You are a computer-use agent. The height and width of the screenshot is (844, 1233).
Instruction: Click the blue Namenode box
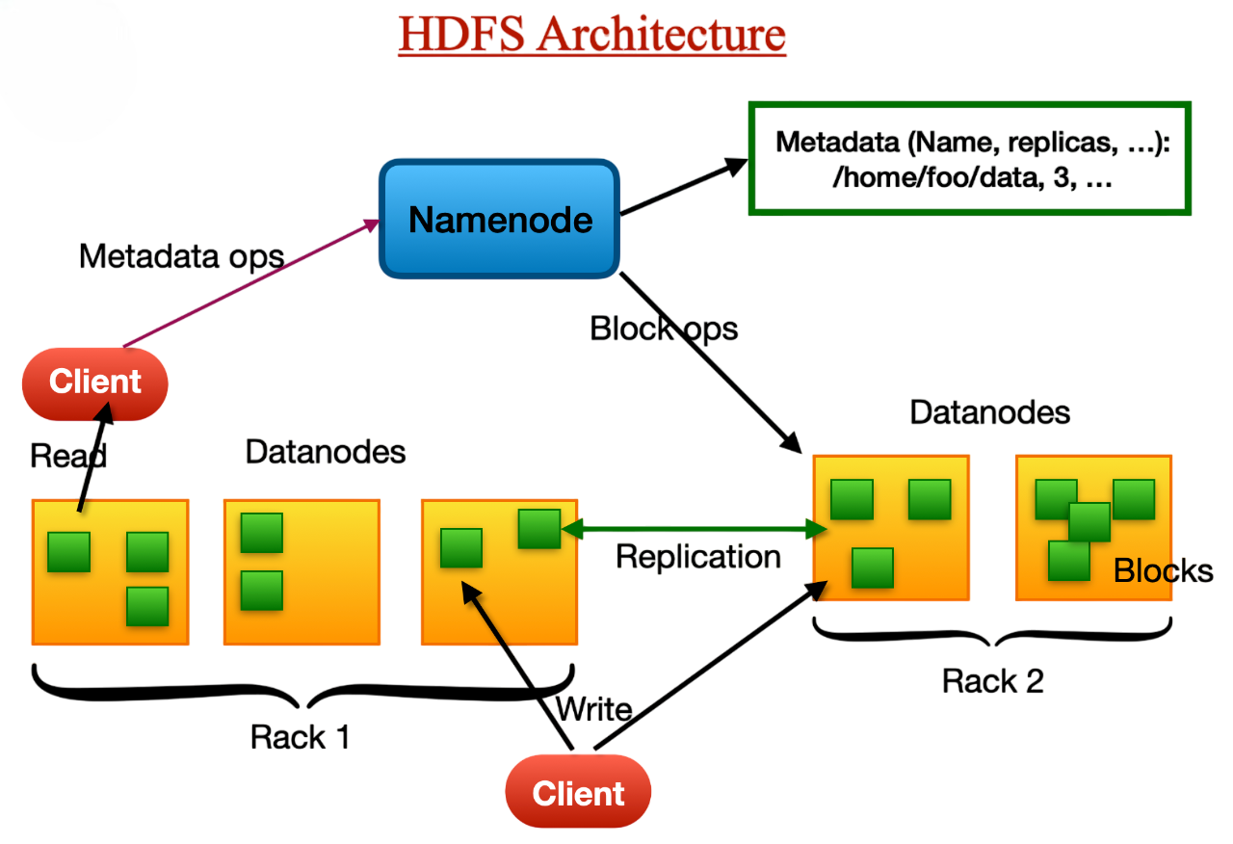[x=499, y=220]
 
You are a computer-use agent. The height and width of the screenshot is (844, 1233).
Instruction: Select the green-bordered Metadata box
[x=970, y=158]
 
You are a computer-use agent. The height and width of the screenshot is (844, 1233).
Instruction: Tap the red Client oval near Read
[x=94, y=382]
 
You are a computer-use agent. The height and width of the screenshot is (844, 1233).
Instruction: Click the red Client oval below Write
[x=578, y=794]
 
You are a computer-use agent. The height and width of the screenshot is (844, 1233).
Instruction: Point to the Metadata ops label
[x=181, y=256]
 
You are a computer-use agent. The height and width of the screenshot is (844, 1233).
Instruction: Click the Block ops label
[x=664, y=329]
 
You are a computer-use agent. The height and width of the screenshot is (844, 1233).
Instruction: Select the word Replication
[x=697, y=557]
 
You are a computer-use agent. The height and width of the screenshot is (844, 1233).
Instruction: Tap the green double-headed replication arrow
[x=694, y=528]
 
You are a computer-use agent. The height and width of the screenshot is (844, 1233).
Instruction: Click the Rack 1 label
[x=300, y=737]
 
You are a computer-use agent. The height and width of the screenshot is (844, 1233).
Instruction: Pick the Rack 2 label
[x=992, y=681]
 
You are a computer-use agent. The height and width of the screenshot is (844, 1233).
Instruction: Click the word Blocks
[x=1163, y=570]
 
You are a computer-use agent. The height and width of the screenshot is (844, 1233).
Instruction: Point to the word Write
[x=593, y=711]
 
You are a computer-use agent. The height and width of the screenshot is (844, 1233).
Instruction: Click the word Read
[x=67, y=455]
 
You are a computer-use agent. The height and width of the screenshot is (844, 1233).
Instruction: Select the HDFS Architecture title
[x=591, y=34]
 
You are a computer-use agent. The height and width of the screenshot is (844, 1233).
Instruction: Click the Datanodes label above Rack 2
[x=989, y=412]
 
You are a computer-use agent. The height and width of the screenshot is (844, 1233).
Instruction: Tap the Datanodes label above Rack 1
[x=325, y=451]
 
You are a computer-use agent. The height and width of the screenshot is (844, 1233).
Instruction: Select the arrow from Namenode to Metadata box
[x=684, y=187]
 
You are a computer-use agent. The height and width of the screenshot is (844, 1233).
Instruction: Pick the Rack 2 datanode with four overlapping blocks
[x=1092, y=527]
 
